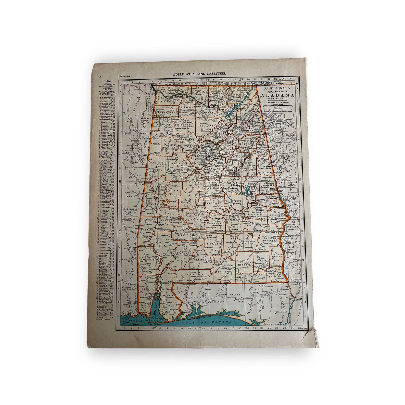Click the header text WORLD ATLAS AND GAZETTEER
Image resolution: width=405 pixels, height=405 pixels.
click(199, 74)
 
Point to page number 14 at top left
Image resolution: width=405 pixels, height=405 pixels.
click(100, 76)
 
